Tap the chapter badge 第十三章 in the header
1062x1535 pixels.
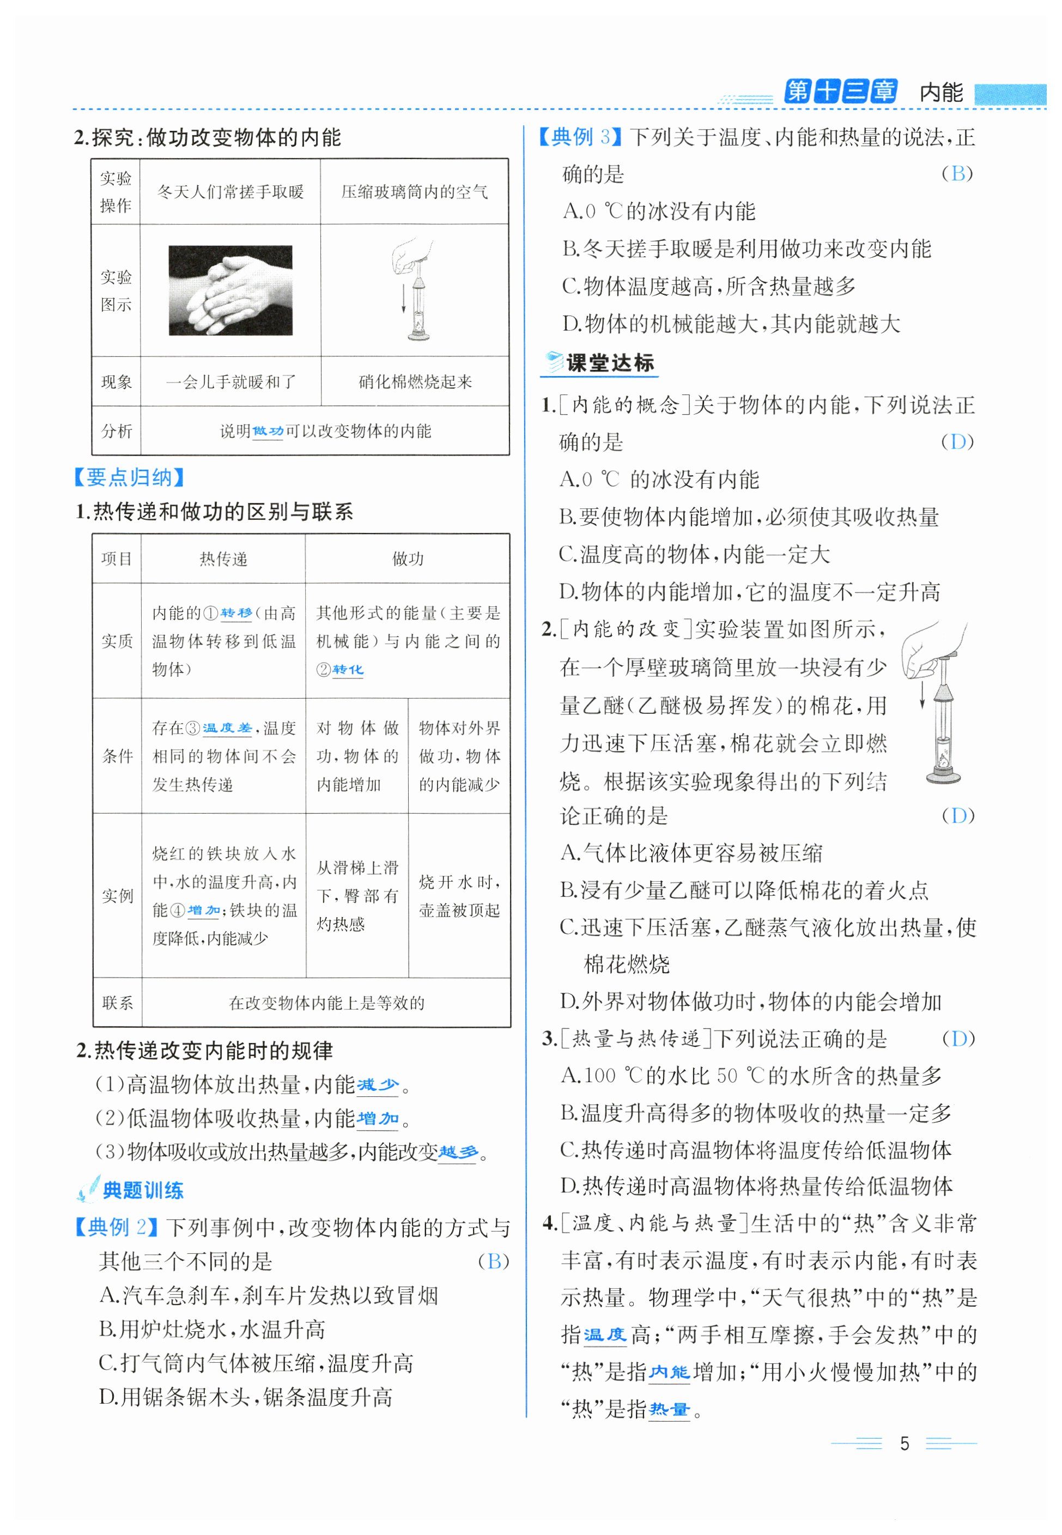(840, 91)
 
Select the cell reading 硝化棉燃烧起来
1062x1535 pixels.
(415, 381)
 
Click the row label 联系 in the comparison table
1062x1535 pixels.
(117, 1002)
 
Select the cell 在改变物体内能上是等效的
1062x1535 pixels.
(326, 1002)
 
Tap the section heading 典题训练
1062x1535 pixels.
(142, 1190)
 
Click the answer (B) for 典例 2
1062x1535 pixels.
(493, 1261)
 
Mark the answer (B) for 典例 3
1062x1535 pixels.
(957, 174)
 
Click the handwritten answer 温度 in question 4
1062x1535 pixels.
(605, 1334)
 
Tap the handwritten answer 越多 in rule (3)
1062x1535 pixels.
(458, 1152)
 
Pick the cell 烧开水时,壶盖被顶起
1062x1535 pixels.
(459, 896)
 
